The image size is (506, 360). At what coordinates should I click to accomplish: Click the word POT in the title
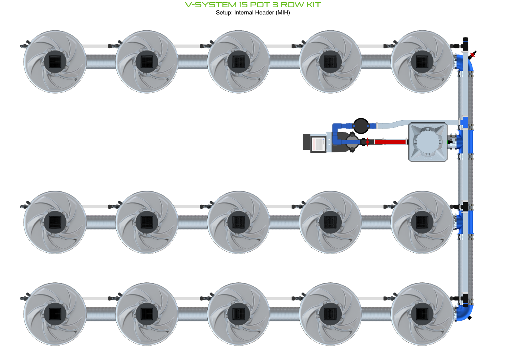pyautogui.click(x=260, y=5)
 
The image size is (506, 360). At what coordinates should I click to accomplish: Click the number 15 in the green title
pyautogui.click(x=243, y=5)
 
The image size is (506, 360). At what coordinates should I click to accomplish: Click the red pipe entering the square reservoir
pyautogui.click(x=390, y=142)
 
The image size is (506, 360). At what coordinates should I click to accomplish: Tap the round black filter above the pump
pyautogui.click(x=361, y=126)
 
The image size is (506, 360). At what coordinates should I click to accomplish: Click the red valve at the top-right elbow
pyautogui.click(x=472, y=55)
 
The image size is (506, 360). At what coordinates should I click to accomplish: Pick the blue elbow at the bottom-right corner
pyautogui.click(x=465, y=312)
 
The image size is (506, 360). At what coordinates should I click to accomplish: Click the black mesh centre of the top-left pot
pyautogui.click(x=55, y=61)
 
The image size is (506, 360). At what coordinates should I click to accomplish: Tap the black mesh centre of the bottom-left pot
pyautogui.click(x=55, y=314)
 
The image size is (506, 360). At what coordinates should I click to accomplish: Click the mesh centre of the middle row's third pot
pyautogui.click(x=239, y=222)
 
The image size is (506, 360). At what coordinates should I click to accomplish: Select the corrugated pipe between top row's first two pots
pyautogui.click(x=101, y=62)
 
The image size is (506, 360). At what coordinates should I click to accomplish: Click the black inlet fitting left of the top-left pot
pyautogui.click(x=25, y=45)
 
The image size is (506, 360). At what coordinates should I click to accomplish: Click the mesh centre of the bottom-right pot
pyautogui.click(x=422, y=314)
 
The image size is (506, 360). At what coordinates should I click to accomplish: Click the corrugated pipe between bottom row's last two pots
pyautogui.click(x=376, y=314)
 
